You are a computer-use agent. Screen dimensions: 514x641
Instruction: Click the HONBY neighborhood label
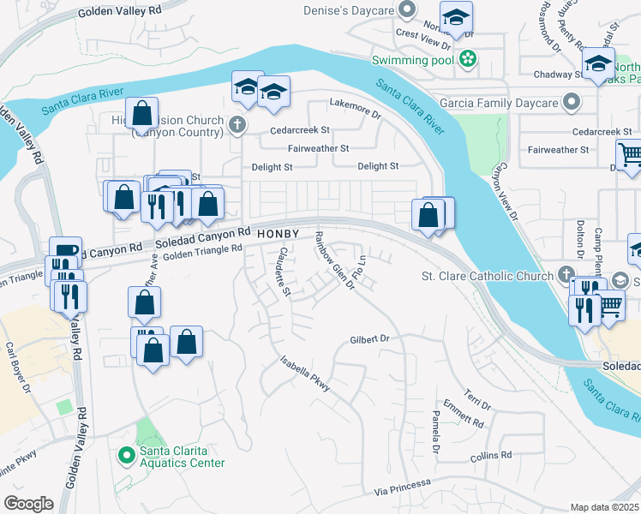[278, 234]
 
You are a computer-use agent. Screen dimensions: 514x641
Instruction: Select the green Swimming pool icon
[468, 59]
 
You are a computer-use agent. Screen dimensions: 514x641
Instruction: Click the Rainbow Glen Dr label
[333, 260]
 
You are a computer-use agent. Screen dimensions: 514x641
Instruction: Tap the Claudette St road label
[284, 272]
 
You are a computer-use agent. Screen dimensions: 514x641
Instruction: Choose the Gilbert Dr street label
[369, 339]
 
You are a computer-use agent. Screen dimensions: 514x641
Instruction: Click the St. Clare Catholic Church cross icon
[564, 276]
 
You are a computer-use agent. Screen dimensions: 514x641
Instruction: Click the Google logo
[28, 504]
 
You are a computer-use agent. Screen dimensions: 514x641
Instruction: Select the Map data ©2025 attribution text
[604, 508]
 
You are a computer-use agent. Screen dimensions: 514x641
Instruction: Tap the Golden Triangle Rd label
[202, 249]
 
